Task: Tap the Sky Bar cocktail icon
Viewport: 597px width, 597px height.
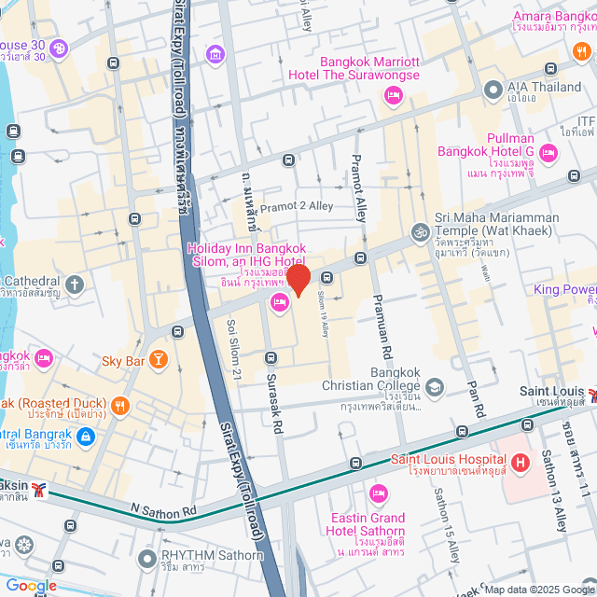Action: coord(160,359)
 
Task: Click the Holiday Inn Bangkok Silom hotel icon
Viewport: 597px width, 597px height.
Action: coord(279,302)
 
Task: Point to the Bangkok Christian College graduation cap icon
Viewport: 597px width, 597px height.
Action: coord(434,386)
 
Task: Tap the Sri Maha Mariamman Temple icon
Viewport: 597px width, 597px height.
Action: coord(421,230)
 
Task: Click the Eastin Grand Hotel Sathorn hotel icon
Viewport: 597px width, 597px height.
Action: coord(379,493)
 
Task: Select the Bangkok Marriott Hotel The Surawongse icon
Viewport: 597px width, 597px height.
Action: coord(393,94)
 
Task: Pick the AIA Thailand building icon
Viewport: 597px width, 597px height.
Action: coord(493,89)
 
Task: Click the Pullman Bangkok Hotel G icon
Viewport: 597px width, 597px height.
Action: coord(548,152)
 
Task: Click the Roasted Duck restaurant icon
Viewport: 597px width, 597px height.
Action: coord(119,406)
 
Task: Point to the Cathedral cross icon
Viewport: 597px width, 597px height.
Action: coord(75,283)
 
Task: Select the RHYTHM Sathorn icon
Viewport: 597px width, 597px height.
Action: coord(146,560)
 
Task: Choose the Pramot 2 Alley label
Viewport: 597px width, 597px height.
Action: coord(296,206)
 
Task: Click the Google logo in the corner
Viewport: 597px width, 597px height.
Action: coord(30,586)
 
